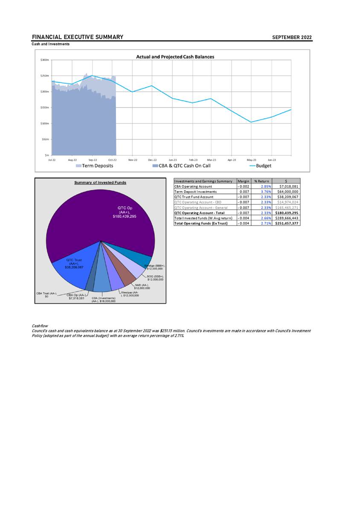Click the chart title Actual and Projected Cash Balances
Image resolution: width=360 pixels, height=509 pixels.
point(175,57)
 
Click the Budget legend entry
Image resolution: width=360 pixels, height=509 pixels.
point(263,166)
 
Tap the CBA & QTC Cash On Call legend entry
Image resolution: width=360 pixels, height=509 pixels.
point(184,166)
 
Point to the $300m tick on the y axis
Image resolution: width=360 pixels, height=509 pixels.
point(43,60)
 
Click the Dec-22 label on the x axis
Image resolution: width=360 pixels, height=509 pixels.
point(152,160)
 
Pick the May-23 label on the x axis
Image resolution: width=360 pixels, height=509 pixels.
point(251,160)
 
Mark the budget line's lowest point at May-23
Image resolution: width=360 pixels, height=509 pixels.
point(251,122)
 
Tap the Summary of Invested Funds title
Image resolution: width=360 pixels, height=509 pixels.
point(100,183)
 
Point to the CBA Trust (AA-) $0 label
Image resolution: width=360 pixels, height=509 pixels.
point(46,294)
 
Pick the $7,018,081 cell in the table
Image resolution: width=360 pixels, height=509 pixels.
point(287,186)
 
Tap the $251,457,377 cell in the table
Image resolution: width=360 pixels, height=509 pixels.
point(287,223)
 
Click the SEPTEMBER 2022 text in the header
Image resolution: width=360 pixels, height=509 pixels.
point(292,38)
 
